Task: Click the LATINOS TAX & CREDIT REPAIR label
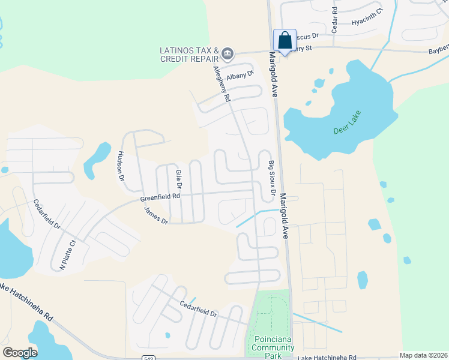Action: pyautogui.click(x=188, y=54)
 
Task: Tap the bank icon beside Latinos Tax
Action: pyautogui.click(x=228, y=54)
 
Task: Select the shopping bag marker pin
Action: pyautogui.click(x=285, y=41)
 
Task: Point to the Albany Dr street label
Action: pyautogui.click(x=241, y=76)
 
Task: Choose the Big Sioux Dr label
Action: pyautogui.click(x=271, y=178)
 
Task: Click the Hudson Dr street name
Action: pyautogui.click(x=121, y=166)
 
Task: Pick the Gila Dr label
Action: pyautogui.click(x=178, y=179)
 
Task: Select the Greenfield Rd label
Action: pyautogui.click(x=160, y=197)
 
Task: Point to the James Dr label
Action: pyautogui.click(x=156, y=215)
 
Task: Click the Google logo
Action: pyautogui.click(x=19, y=353)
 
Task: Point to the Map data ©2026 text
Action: pyautogui.click(x=423, y=355)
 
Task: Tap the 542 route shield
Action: pyautogui.click(x=149, y=358)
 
